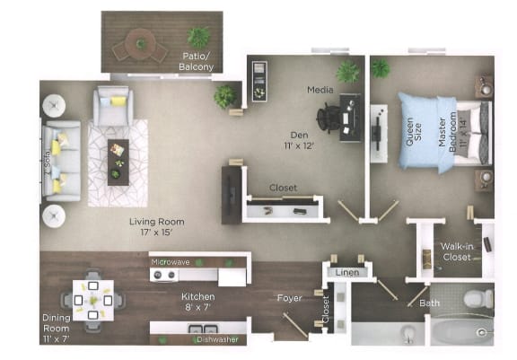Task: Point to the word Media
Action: click(320, 91)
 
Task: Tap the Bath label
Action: click(430, 303)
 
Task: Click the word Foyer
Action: click(289, 297)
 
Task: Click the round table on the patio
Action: click(141, 43)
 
